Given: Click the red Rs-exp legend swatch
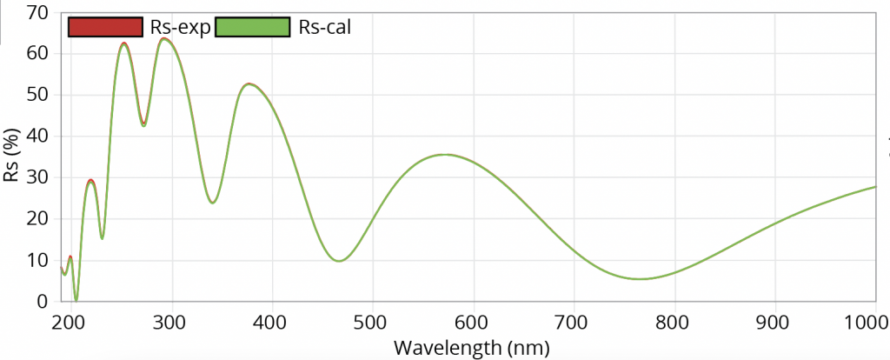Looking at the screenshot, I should [x=105, y=27].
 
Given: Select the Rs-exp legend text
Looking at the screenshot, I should [x=179, y=27].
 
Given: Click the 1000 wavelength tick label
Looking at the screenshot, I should [x=868, y=323].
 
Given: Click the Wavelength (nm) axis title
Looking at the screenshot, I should [x=472, y=348].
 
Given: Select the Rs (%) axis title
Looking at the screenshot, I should [x=14, y=157].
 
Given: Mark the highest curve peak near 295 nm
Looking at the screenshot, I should [x=166, y=38].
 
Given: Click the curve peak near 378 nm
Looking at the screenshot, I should [x=249, y=83].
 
